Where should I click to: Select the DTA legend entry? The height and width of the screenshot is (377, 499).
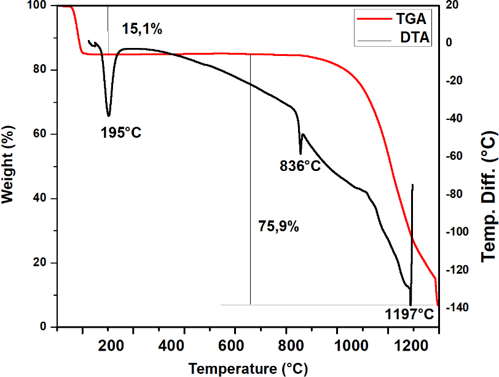[x=415, y=38]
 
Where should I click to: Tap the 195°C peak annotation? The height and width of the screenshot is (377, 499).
[x=121, y=132]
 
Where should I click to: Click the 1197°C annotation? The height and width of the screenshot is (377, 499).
[x=409, y=315]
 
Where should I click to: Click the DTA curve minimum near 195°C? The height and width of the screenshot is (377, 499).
[x=109, y=116]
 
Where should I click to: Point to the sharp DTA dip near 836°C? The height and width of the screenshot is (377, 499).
[x=301, y=154]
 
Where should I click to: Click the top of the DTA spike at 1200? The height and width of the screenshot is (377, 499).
[x=412, y=185]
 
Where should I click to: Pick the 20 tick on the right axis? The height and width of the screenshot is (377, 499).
[x=452, y=6]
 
